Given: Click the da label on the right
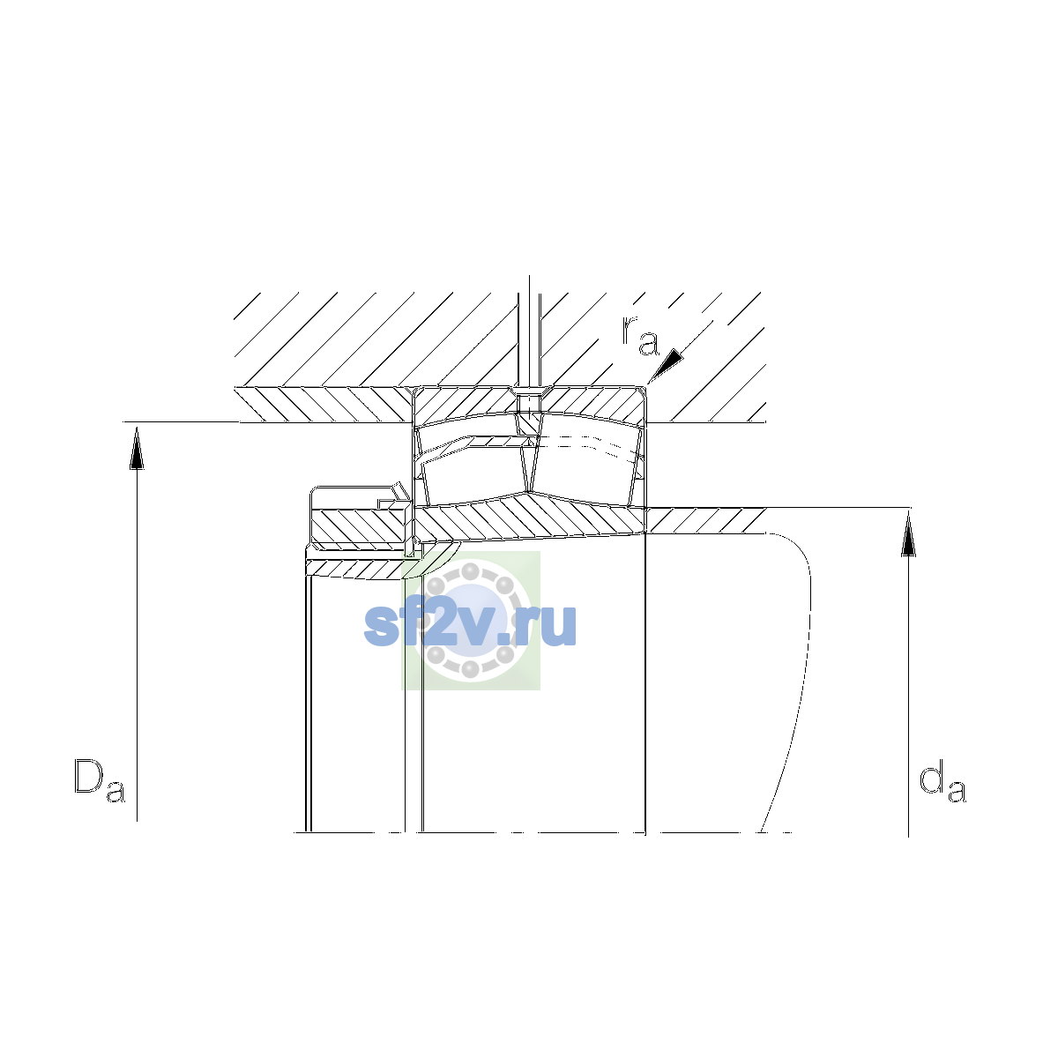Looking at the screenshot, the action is click(943, 782).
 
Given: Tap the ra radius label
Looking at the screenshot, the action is click(640, 335).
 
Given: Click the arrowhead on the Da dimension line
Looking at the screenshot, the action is click(137, 449).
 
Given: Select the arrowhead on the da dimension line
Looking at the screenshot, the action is click(909, 534).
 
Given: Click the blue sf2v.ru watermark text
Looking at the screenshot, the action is click(470, 624).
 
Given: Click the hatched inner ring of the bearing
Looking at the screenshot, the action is click(530, 518).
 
